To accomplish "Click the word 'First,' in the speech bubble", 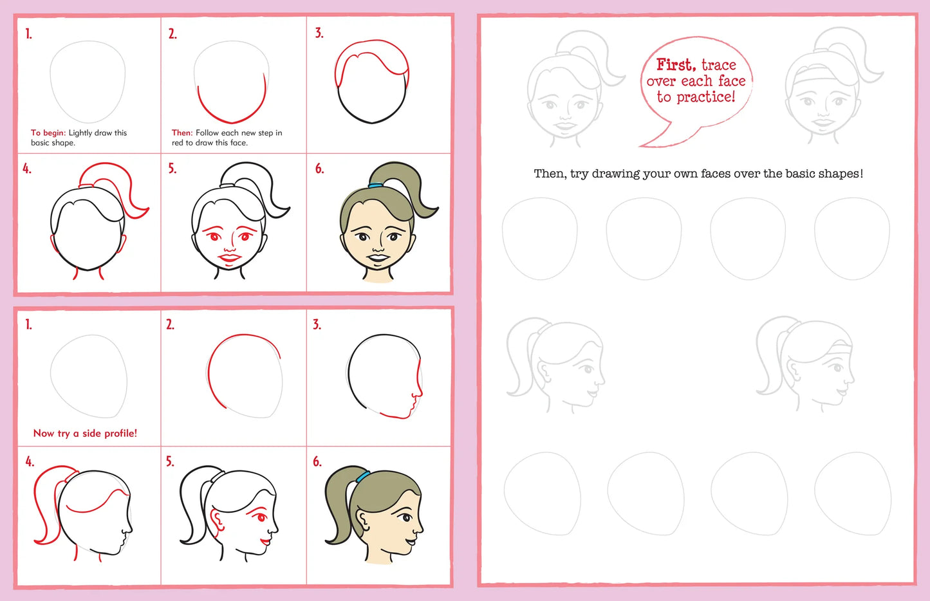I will point(676,64).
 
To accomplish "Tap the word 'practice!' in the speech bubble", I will point(706,97).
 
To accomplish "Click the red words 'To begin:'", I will point(48,133).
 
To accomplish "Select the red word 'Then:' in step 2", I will point(182,133).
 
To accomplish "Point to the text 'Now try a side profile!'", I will point(85,434).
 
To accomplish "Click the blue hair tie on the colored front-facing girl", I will point(375,185).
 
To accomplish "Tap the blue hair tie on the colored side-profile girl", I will point(362,477).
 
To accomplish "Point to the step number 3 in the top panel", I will point(319,33).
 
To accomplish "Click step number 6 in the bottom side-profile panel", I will point(317,462).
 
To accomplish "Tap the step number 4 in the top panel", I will point(27,169).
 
